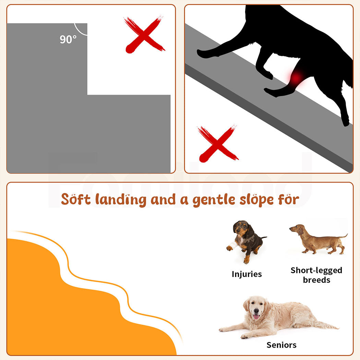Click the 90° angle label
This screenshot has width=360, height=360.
click(68, 39)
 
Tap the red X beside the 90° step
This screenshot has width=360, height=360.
click(145, 35)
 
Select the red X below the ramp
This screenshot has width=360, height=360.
click(217, 144)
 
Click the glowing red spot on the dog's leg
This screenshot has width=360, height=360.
click(296, 77)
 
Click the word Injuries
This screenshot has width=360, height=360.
click(247, 274)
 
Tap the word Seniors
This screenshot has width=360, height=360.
click(281, 345)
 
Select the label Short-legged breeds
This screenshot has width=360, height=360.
click(316, 275)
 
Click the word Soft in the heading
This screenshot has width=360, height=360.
click(76, 199)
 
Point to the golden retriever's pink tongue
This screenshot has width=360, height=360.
click(256, 317)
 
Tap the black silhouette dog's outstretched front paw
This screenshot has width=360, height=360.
click(203, 54)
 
